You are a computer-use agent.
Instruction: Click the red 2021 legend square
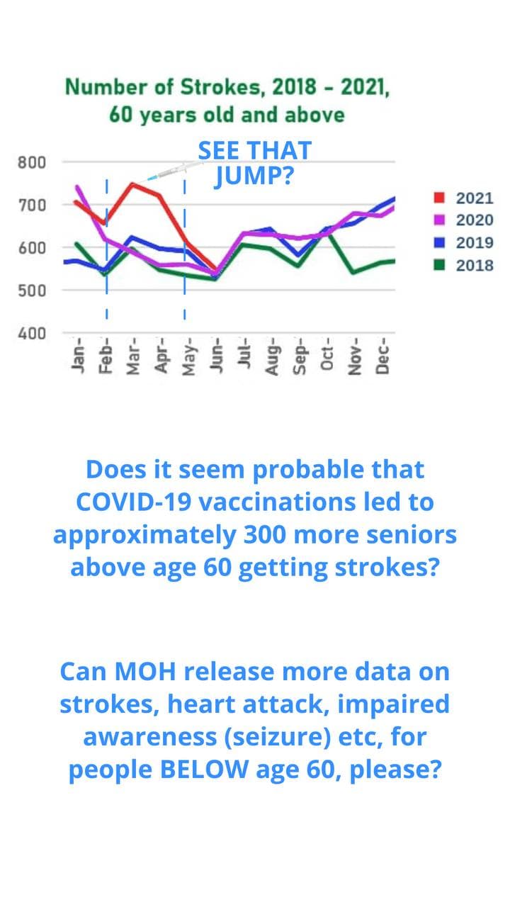tap(439, 198)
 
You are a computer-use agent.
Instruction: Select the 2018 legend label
tap(475, 266)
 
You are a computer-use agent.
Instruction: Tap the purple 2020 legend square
tap(439, 220)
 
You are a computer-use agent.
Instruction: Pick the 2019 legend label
tap(475, 243)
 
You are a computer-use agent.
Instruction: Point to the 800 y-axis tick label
tap(32, 163)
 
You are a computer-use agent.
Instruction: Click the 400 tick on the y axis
tap(32, 334)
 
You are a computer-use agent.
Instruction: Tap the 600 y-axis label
tap(32, 248)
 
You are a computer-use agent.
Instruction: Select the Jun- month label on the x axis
tap(216, 355)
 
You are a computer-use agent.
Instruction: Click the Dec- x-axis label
tap(382, 356)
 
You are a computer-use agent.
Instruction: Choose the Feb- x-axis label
tap(106, 356)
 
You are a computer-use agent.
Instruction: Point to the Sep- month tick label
tap(300, 356)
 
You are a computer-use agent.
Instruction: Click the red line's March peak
tap(132, 185)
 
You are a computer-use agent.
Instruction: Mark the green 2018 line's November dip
tap(353, 272)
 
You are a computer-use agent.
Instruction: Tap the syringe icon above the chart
tap(175, 171)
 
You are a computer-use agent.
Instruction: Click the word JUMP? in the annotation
tap(254, 176)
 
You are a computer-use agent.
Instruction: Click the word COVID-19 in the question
tap(134, 502)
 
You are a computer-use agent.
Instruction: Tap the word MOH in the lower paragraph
tap(145, 672)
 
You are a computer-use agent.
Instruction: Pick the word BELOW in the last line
tap(205, 770)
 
